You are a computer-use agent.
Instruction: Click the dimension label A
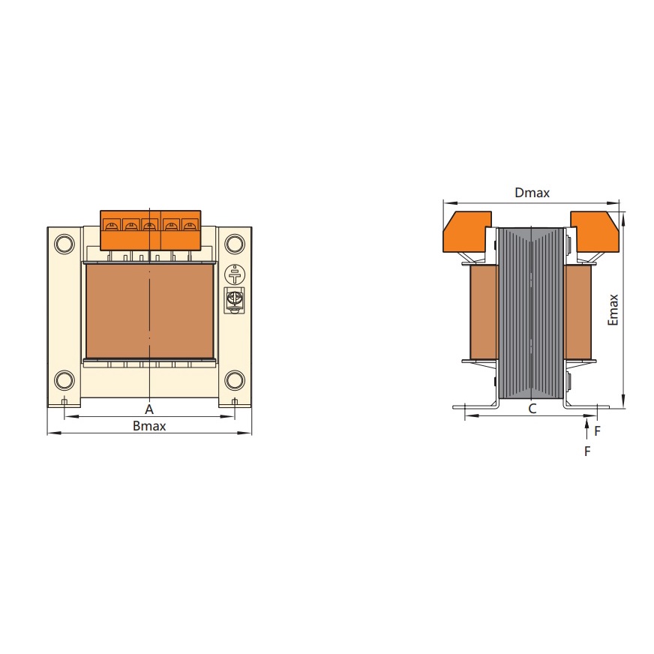click(x=149, y=409)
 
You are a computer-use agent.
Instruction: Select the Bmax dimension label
click(x=149, y=426)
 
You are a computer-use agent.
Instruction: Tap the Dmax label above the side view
click(x=532, y=193)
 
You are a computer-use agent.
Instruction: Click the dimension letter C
click(x=532, y=409)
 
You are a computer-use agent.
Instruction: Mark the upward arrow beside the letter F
click(x=586, y=430)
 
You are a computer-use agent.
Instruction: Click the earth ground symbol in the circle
click(x=235, y=274)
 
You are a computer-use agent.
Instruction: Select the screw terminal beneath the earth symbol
click(x=235, y=298)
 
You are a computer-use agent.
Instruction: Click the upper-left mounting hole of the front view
click(x=64, y=244)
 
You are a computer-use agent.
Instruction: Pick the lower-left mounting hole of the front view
click(x=64, y=379)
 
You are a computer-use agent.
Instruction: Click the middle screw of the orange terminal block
click(x=150, y=224)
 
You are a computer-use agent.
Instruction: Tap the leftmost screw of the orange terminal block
click(x=111, y=224)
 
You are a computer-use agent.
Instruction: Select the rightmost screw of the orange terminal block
click(x=189, y=224)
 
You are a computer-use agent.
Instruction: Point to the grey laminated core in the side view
click(x=531, y=315)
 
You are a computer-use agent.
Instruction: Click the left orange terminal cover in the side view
click(x=466, y=232)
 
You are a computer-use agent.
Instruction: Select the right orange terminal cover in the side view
click(x=595, y=232)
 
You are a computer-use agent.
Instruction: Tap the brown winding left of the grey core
click(x=484, y=313)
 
